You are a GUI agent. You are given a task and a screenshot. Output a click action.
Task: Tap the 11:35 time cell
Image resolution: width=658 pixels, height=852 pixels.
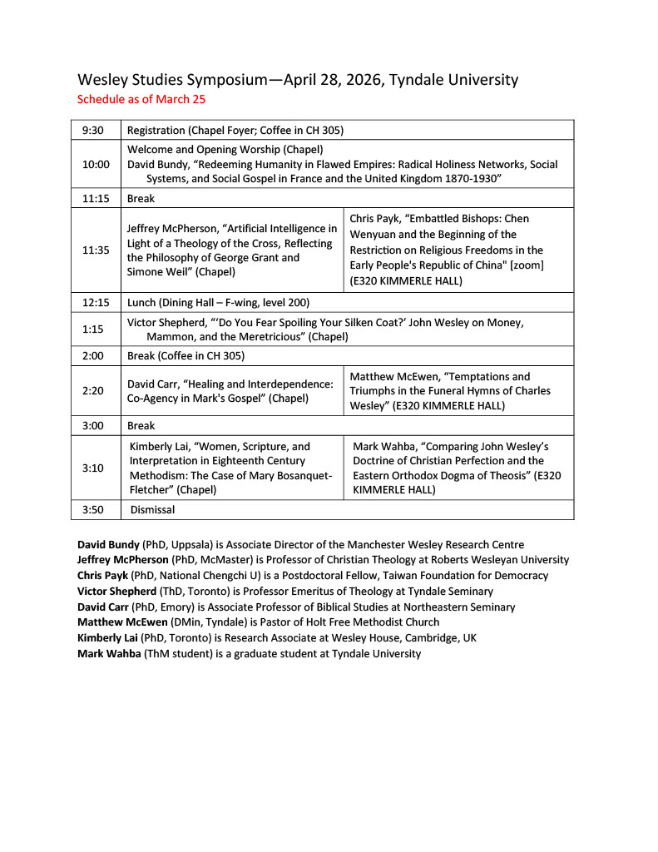pyautogui.click(x=96, y=250)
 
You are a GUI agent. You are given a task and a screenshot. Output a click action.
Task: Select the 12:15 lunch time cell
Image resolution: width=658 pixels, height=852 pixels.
pyautogui.click(x=96, y=302)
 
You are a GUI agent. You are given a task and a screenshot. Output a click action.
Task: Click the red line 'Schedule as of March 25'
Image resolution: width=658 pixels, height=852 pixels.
pyautogui.click(x=141, y=99)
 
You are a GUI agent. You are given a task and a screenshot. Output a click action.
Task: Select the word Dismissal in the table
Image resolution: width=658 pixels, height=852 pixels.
pyautogui.click(x=152, y=509)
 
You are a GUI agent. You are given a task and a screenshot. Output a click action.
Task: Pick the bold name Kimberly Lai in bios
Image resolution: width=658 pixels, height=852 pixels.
pyautogui.click(x=108, y=637)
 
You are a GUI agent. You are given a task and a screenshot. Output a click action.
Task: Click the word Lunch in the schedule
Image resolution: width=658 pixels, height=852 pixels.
pyautogui.click(x=142, y=302)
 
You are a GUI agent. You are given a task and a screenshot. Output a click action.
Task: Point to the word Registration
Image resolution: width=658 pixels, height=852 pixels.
pyautogui.click(x=156, y=130)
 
